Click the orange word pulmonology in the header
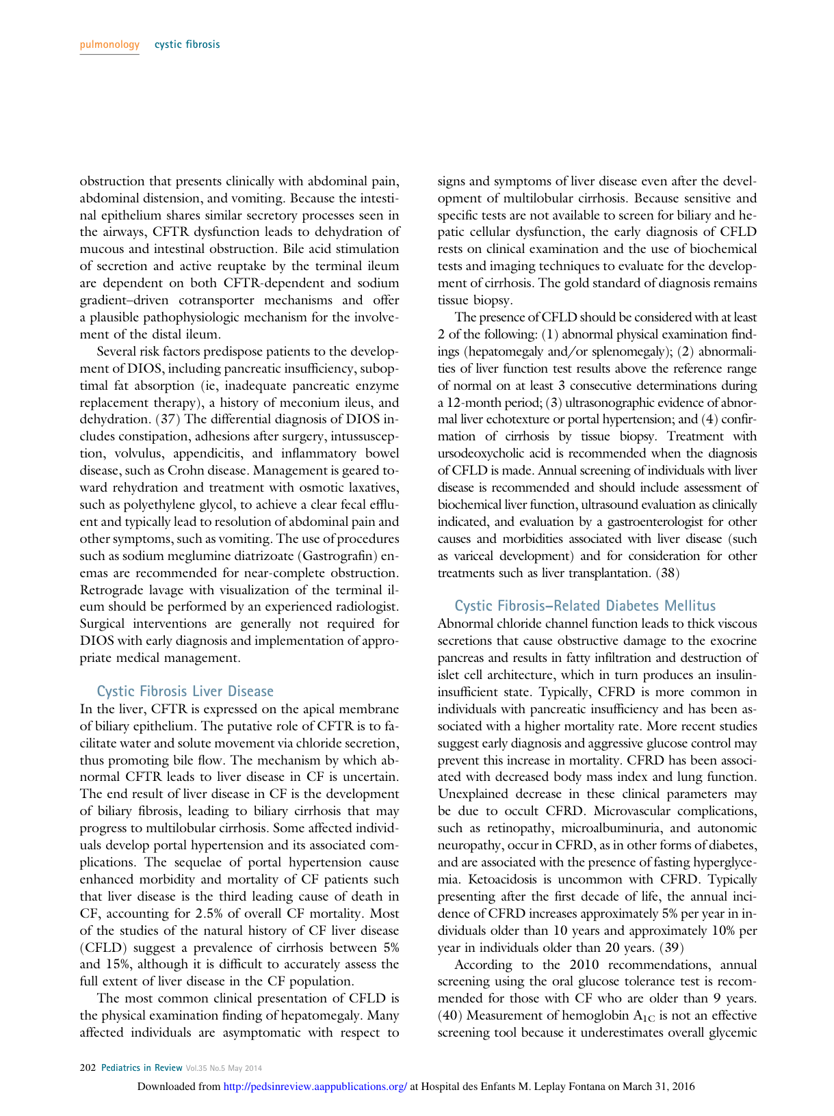coord(109,45)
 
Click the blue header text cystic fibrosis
coord(187,45)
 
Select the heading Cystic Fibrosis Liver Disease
coord(185,691)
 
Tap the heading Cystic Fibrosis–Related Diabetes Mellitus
coord(585,606)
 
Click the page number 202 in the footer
coord(88,1067)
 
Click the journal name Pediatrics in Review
coord(142,1067)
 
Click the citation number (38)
coord(668,573)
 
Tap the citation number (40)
coord(449,1015)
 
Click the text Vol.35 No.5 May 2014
coord(224,1067)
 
